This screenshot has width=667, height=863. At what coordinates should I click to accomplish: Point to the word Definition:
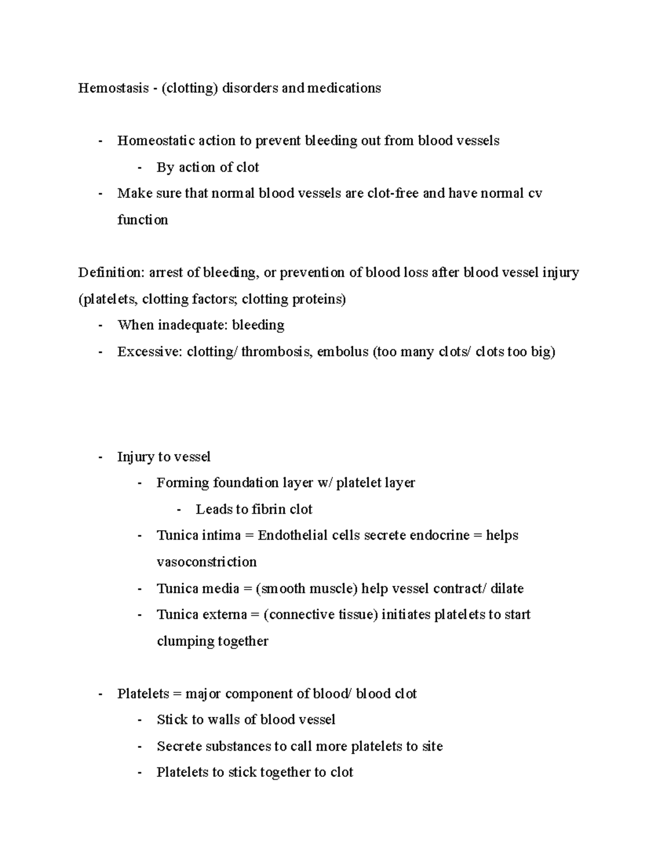111,272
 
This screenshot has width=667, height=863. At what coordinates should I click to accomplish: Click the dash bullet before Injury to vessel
100,457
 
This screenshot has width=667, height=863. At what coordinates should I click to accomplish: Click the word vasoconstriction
206,562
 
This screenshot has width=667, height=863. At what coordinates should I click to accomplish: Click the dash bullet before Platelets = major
100,694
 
